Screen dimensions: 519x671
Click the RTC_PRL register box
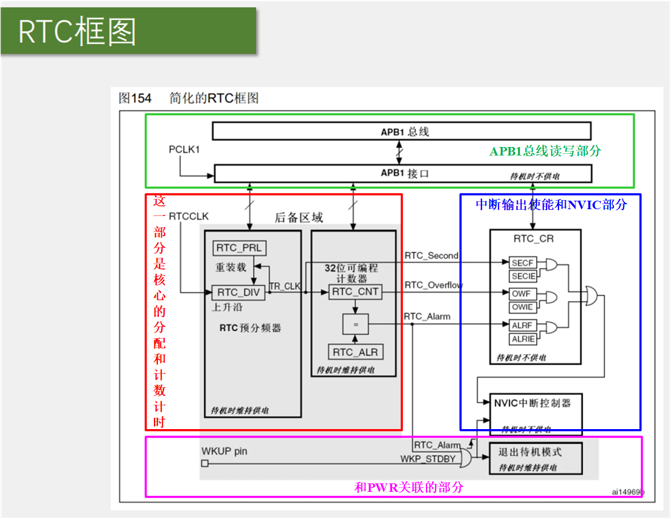pos(240,248)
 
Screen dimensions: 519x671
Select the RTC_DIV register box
pos(238,292)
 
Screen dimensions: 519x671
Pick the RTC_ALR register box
pos(355,352)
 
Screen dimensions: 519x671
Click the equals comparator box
pos(355,325)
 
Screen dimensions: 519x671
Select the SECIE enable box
pos(523,276)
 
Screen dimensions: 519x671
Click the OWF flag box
pos(521,294)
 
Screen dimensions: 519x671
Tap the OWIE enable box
pos(522,307)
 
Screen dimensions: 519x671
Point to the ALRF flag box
pos(522,326)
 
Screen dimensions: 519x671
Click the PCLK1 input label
pos(184,150)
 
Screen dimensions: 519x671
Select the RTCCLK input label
pos(188,216)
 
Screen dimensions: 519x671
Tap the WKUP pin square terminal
pos(205,464)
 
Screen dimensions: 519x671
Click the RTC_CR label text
pos(534,239)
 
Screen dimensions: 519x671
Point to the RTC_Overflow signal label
pos(433,285)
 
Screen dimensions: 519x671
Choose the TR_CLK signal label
pos(285,287)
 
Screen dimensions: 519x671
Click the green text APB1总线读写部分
pos(545,152)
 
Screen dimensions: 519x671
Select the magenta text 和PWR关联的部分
pos(408,487)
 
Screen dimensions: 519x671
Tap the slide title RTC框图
pos(78,32)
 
